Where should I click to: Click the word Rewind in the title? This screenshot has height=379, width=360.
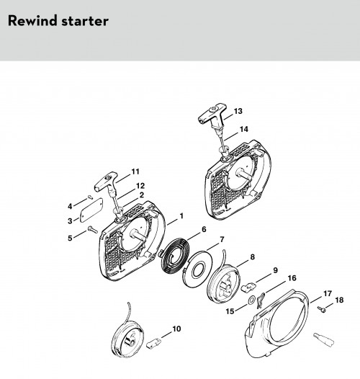point(32,21)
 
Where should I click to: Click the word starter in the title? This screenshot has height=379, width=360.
point(85,22)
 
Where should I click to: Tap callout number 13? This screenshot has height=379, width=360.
point(238,111)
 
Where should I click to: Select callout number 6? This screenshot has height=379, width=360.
point(204,229)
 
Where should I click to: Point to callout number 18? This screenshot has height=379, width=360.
point(339,300)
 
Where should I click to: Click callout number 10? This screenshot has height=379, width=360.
point(176,329)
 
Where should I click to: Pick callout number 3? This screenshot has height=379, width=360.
point(70,221)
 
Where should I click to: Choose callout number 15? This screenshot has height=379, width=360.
point(230,311)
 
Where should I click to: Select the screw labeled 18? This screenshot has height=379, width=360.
point(322,309)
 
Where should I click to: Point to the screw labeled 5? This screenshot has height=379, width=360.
point(93,229)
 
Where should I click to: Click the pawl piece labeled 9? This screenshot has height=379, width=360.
point(249,286)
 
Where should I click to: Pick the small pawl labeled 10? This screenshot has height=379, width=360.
point(153,342)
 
